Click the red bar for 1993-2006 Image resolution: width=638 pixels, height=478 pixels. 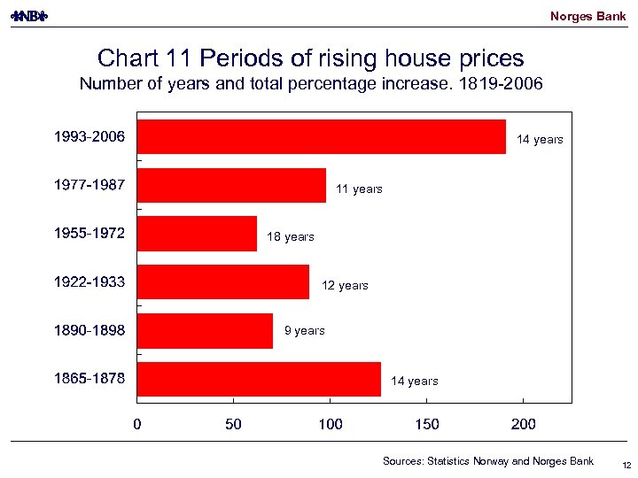click(322, 137)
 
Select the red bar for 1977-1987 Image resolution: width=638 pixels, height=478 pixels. click(232, 186)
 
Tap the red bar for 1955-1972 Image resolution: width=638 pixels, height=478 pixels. click(198, 234)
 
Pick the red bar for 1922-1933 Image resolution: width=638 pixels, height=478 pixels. click(223, 282)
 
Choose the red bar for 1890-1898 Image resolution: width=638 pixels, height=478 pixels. click(206, 330)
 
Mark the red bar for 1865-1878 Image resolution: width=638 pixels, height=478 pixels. click(260, 379)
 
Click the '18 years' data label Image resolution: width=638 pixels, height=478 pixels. click(291, 237)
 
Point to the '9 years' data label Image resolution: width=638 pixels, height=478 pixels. click(304, 331)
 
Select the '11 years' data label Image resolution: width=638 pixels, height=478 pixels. click(359, 189)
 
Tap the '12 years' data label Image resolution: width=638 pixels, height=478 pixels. click(345, 286)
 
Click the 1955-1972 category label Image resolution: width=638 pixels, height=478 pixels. click(89, 234)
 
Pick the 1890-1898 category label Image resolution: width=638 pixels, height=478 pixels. click(89, 330)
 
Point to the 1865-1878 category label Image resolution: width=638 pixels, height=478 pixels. click(89, 379)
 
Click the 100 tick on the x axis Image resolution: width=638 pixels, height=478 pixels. click(331, 425)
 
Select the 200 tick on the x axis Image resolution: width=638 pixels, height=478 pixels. click(524, 425)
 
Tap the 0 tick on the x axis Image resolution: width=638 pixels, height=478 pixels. click(137, 425)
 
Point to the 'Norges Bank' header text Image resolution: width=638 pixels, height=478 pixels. click(587, 17)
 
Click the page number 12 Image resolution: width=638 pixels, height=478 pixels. click(626, 466)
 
